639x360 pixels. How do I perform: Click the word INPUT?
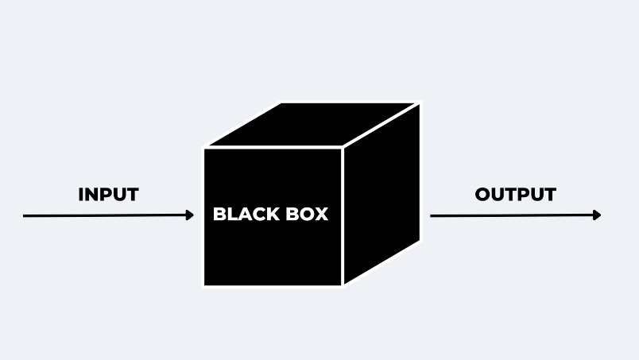[x=108, y=195]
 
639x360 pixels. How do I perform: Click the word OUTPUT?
[x=515, y=195]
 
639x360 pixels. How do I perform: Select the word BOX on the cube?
[x=306, y=215]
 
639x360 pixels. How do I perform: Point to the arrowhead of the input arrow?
[x=190, y=215]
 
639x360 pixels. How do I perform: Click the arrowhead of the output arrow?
[x=597, y=215]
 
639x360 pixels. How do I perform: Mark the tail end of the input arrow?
[x=25, y=215]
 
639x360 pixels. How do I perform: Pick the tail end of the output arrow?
[x=432, y=215]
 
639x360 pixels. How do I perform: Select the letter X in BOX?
[x=321, y=215]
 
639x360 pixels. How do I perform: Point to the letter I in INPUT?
[x=81, y=195]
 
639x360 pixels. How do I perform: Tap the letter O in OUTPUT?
[x=483, y=195]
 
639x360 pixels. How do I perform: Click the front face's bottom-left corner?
[x=205, y=284]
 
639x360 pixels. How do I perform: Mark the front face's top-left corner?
[x=205, y=149]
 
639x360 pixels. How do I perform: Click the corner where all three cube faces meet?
[x=343, y=149]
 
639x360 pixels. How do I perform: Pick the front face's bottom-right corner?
[x=343, y=284]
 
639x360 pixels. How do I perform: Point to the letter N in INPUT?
[x=92, y=195]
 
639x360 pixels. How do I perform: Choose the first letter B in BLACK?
[x=219, y=215]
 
